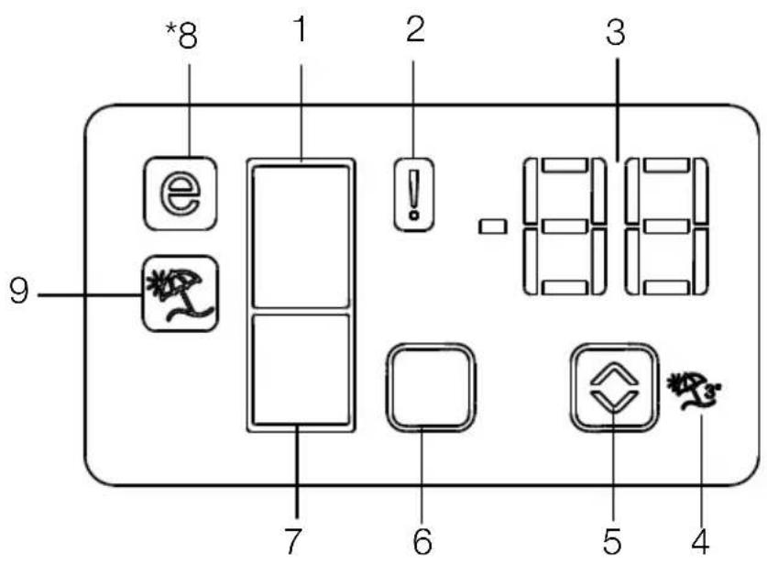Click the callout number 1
[x=301, y=28]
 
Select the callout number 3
[x=616, y=32]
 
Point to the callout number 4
[x=700, y=541]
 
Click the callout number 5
[x=612, y=541]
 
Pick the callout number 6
[x=422, y=541]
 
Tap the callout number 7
[x=292, y=541]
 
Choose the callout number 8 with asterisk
[x=182, y=35]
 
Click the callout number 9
[x=19, y=292]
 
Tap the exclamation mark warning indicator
[x=414, y=194]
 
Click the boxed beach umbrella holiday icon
[x=180, y=293]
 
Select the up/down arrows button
[x=614, y=388]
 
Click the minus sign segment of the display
[x=492, y=227]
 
